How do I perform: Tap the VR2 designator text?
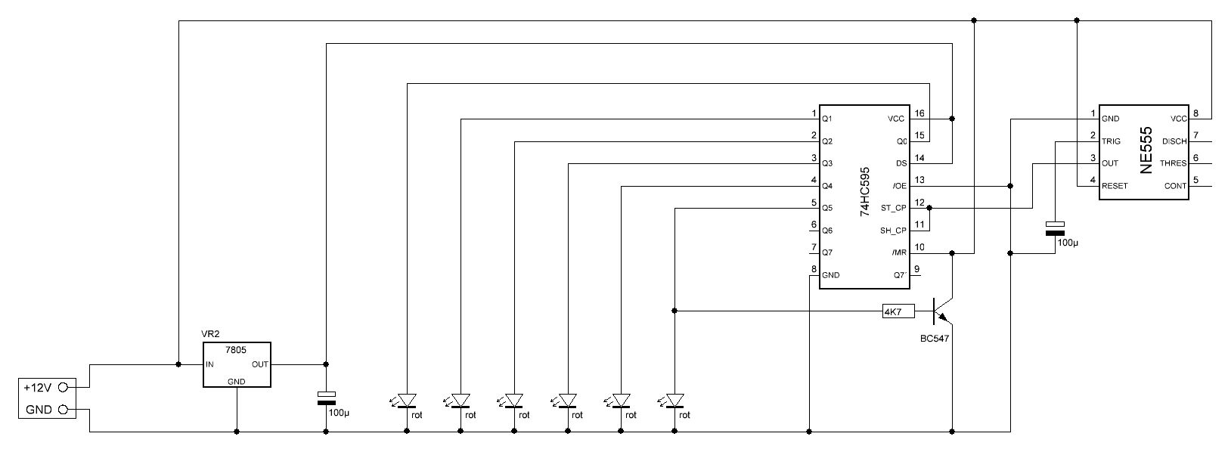tap(209, 333)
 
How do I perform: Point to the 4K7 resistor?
tap(898, 311)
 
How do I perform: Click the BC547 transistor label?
tap(934, 339)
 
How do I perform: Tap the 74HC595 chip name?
tap(865, 192)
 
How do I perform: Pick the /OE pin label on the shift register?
tap(898, 186)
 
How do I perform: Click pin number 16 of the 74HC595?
tap(919, 113)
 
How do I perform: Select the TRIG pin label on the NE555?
tap(1112, 141)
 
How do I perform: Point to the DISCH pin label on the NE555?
tap(1174, 141)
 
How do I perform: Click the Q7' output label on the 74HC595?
tap(899, 275)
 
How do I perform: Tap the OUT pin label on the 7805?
tap(259, 364)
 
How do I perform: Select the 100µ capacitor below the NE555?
tap(1053, 229)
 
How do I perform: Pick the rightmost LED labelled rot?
tap(674, 400)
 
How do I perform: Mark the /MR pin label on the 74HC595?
tap(898, 252)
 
